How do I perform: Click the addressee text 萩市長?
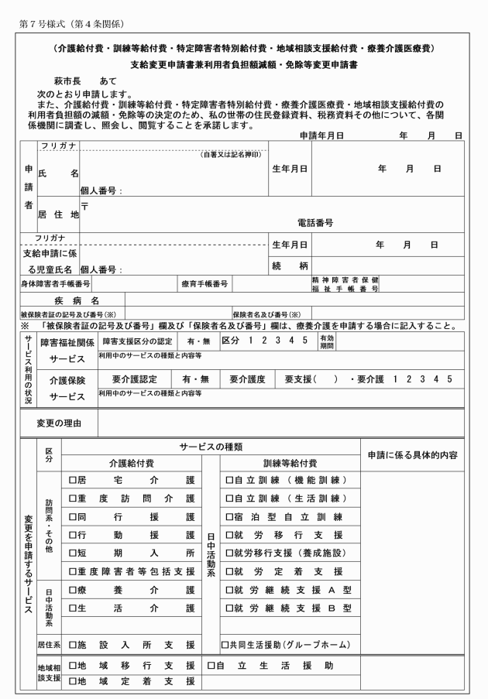click(67, 81)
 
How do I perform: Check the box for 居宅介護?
click(72, 480)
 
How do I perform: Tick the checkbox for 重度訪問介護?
click(72, 499)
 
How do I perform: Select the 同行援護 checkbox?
click(72, 517)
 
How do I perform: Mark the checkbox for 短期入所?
click(72, 553)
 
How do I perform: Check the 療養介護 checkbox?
click(72, 591)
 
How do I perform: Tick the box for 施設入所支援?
click(72, 644)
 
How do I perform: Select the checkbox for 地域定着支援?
click(72, 682)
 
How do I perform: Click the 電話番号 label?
click(316, 223)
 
